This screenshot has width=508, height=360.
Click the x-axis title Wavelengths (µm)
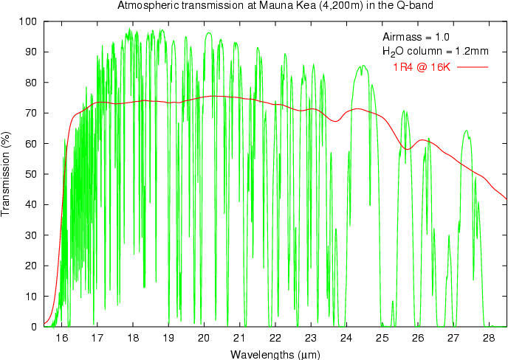tap(275, 354)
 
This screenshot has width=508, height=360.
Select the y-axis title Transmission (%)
tap(7, 174)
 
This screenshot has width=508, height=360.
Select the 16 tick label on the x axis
tap(61, 338)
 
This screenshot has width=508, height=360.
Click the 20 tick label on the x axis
tap(204, 338)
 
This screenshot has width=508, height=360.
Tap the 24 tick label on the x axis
tap(346, 338)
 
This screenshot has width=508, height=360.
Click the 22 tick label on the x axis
tap(275, 338)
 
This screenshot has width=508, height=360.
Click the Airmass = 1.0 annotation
tap(416, 37)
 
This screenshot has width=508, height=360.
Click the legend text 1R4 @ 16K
tap(421, 67)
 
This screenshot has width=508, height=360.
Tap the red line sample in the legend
tap(473, 67)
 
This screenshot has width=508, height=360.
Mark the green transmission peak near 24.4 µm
tap(362, 66)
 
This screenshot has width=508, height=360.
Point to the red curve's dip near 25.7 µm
tap(406, 150)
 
